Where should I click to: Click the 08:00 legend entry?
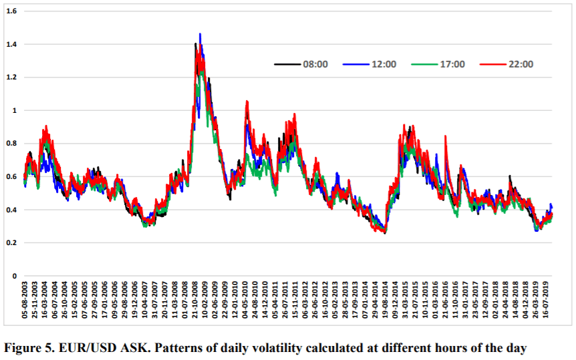pos(301,64)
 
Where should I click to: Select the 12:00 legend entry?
pos(370,64)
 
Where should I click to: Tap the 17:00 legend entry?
pos(438,64)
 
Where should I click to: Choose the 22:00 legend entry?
pos(507,64)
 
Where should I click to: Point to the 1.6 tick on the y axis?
pos(12,11)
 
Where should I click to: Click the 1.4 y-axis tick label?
pos(12,44)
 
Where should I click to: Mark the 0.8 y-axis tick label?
pos(12,143)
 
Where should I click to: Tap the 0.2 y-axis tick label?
pos(12,242)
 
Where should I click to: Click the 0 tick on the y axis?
pos(15,276)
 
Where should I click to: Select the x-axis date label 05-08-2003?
pos(25,300)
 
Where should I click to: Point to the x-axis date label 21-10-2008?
pos(194,300)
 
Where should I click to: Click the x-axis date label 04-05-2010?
pos(245,300)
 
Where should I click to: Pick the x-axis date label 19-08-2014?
pos(385,300)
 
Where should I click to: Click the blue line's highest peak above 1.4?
pos(200,34)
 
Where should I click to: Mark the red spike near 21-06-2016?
pos(446,137)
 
